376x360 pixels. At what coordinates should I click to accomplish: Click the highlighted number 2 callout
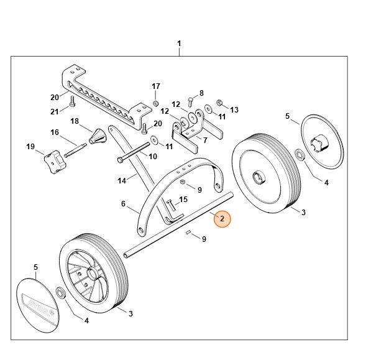click(222, 219)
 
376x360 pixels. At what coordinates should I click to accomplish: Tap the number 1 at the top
click(179, 44)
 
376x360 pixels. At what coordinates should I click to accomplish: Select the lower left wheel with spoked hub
click(94, 273)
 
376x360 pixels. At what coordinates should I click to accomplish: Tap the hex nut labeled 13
click(219, 101)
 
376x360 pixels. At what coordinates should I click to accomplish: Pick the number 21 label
click(54, 111)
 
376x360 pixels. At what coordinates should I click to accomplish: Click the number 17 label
click(156, 86)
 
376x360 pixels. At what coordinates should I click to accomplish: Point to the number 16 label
click(54, 132)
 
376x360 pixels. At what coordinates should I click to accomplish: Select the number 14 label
click(123, 180)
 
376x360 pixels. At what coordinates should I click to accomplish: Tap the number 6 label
click(123, 203)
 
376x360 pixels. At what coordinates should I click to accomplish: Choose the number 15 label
click(183, 200)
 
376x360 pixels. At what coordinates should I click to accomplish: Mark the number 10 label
click(152, 156)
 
